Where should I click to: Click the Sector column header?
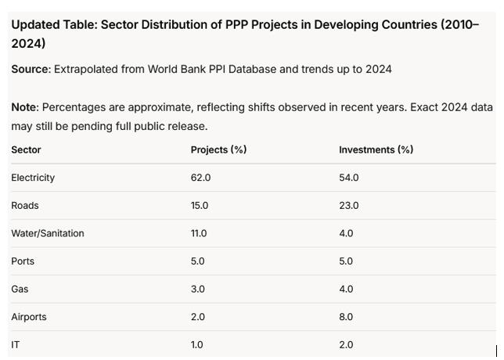(x=26, y=149)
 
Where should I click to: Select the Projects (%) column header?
(x=218, y=149)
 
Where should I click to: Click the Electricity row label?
(x=33, y=178)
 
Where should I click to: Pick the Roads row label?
(x=25, y=206)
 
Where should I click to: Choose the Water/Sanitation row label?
(x=48, y=233)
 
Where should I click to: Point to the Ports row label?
(x=23, y=261)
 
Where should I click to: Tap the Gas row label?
(x=20, y=289)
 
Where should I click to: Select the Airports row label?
(x=29, y=317)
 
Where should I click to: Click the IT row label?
(x=16, y=344)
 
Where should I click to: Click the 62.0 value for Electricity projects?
(x=200, y=178)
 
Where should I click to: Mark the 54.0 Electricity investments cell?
(x=348, y=178)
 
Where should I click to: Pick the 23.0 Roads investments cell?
(x=348, y=206)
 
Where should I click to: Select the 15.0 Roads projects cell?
(x=200, y=206)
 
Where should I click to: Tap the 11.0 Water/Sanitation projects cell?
(x=199, y=233)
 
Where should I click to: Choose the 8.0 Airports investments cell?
(x=346, y=317)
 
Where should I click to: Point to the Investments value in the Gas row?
(x=346, y=289)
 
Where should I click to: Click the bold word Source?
(x=31, y=69)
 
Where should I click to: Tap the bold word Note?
(x=25, y=107)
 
